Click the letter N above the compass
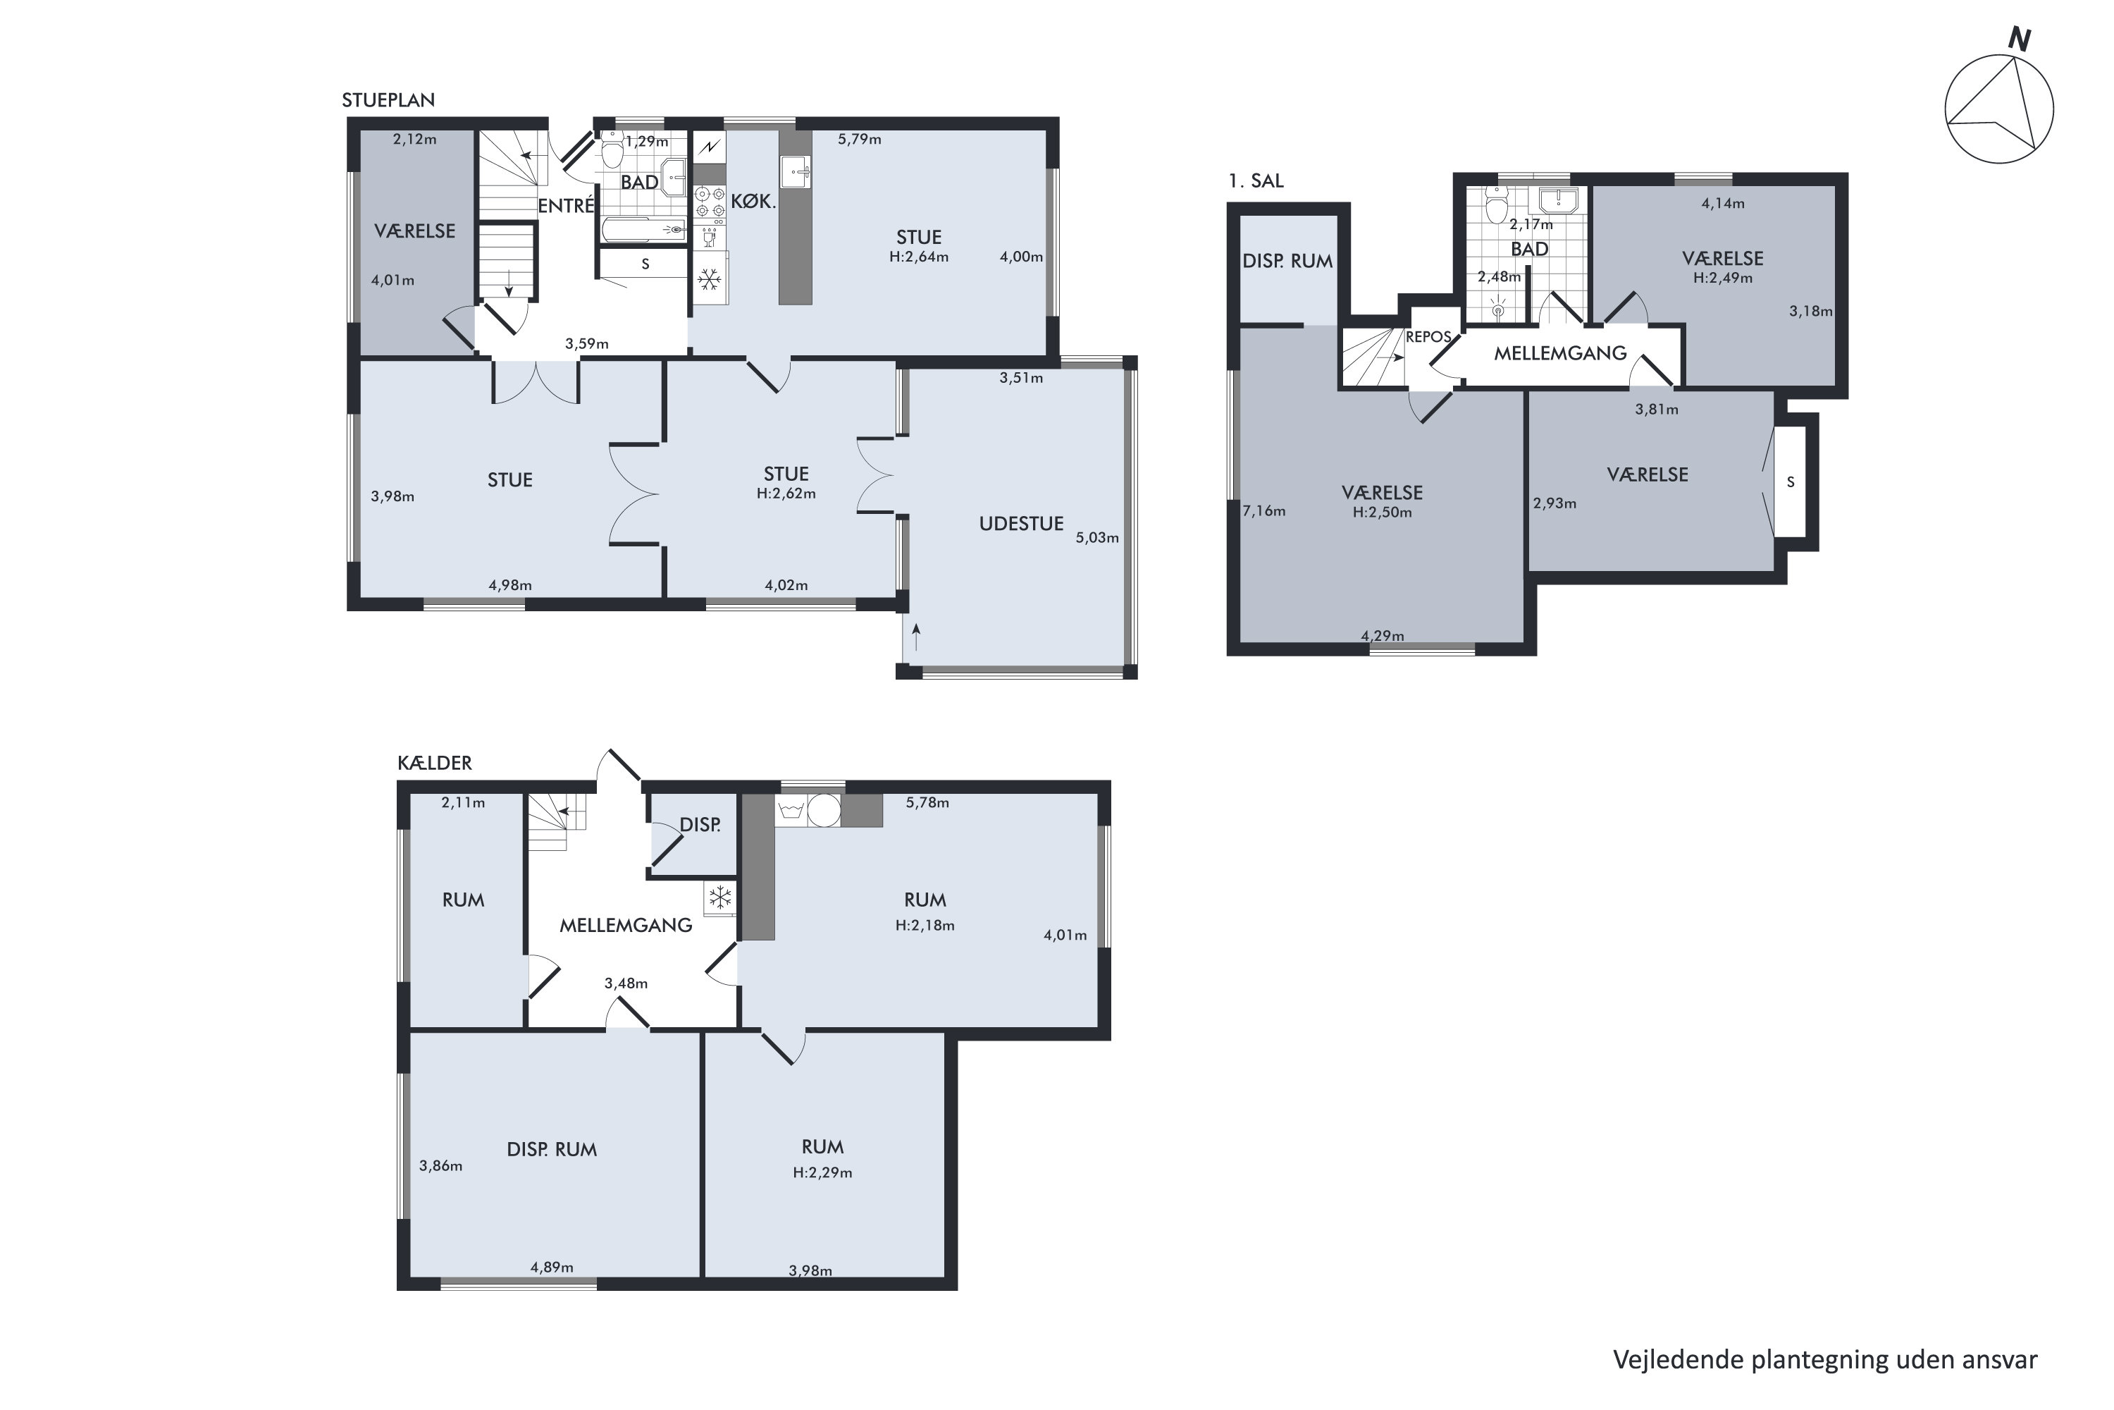(2020, 39)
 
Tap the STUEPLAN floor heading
(388, 100)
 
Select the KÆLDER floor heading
(434, 763)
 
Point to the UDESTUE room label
(1021, 523)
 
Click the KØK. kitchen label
(753, 202)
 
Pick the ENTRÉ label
(567, 205)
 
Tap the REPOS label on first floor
(1428, 337)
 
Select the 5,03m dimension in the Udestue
(1097, 538)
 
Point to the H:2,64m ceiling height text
(919, 257)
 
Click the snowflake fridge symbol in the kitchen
(710, 280)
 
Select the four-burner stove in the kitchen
(710, 202)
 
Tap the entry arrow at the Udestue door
(916, 637)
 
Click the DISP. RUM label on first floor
(1287, 261)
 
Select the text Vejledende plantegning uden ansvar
(1826, 1360)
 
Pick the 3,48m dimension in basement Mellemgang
(626, 983)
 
